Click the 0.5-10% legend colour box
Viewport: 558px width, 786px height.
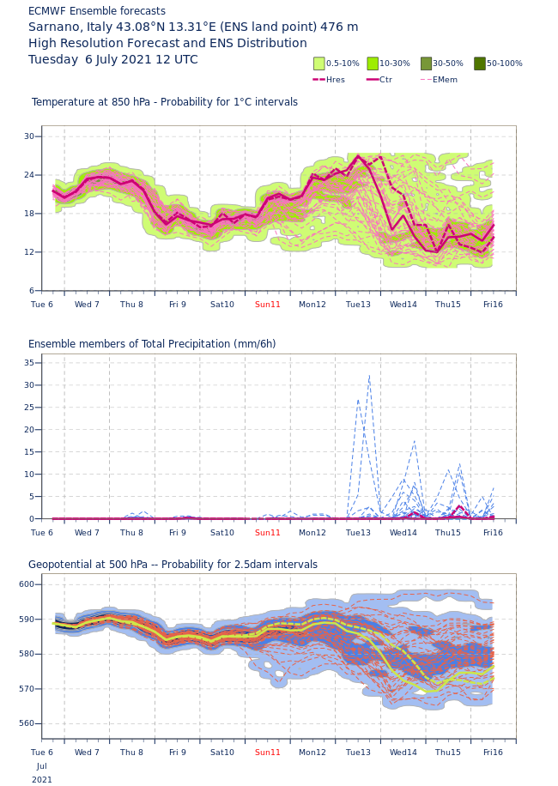click(318, 63)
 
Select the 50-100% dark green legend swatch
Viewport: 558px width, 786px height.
click(479, 63)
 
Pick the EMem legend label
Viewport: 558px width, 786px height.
click(445, 80)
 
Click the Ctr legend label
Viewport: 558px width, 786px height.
click(385, 80)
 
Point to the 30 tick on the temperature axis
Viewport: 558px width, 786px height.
click(29, 136)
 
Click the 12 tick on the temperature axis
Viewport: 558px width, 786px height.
click(29, 252)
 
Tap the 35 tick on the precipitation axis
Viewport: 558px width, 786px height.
click(29, 363)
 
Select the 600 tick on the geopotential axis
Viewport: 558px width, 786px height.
click(27, 584)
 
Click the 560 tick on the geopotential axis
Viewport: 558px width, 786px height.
click(27, 723)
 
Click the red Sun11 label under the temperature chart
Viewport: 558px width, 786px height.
click(267, 305)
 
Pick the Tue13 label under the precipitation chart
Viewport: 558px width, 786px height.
click(358, 533)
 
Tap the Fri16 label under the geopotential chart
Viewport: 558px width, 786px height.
click(493, 753)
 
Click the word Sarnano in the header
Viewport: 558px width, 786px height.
click(54, 27)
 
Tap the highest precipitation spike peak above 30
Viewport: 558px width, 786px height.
click(369, 376)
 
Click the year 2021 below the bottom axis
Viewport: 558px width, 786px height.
click(42, 780)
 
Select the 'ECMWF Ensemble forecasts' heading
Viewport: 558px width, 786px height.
click(97, 11)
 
